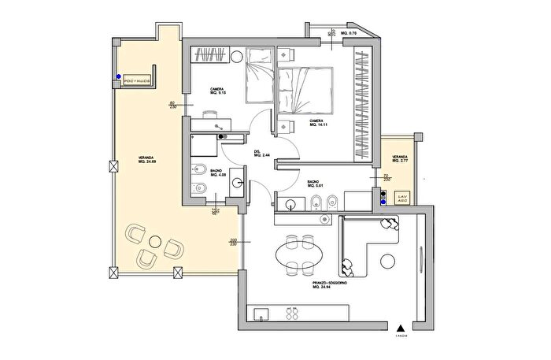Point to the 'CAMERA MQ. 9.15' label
pyautogui.click(x=219, y=91)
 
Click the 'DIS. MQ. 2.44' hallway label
pyautogui.click(x=261, y=154)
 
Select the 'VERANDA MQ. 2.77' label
pyautogui.click(x=391, y=158)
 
